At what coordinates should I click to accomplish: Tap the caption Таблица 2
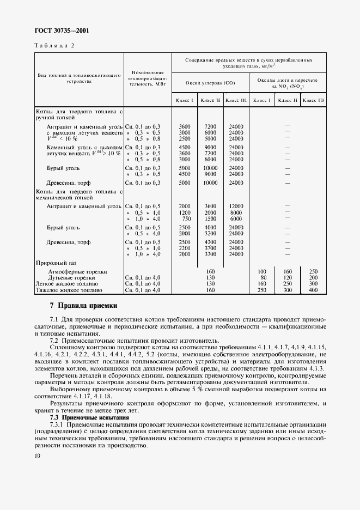[54, 46]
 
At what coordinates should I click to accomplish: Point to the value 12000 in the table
[236, 205]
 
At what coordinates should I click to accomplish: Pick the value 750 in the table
[185, 218]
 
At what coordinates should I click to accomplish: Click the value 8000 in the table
[236, 212]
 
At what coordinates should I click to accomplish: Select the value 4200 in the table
[210, 241]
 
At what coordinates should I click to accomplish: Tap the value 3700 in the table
[210, 247]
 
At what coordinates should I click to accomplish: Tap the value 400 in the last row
[313, 290]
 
